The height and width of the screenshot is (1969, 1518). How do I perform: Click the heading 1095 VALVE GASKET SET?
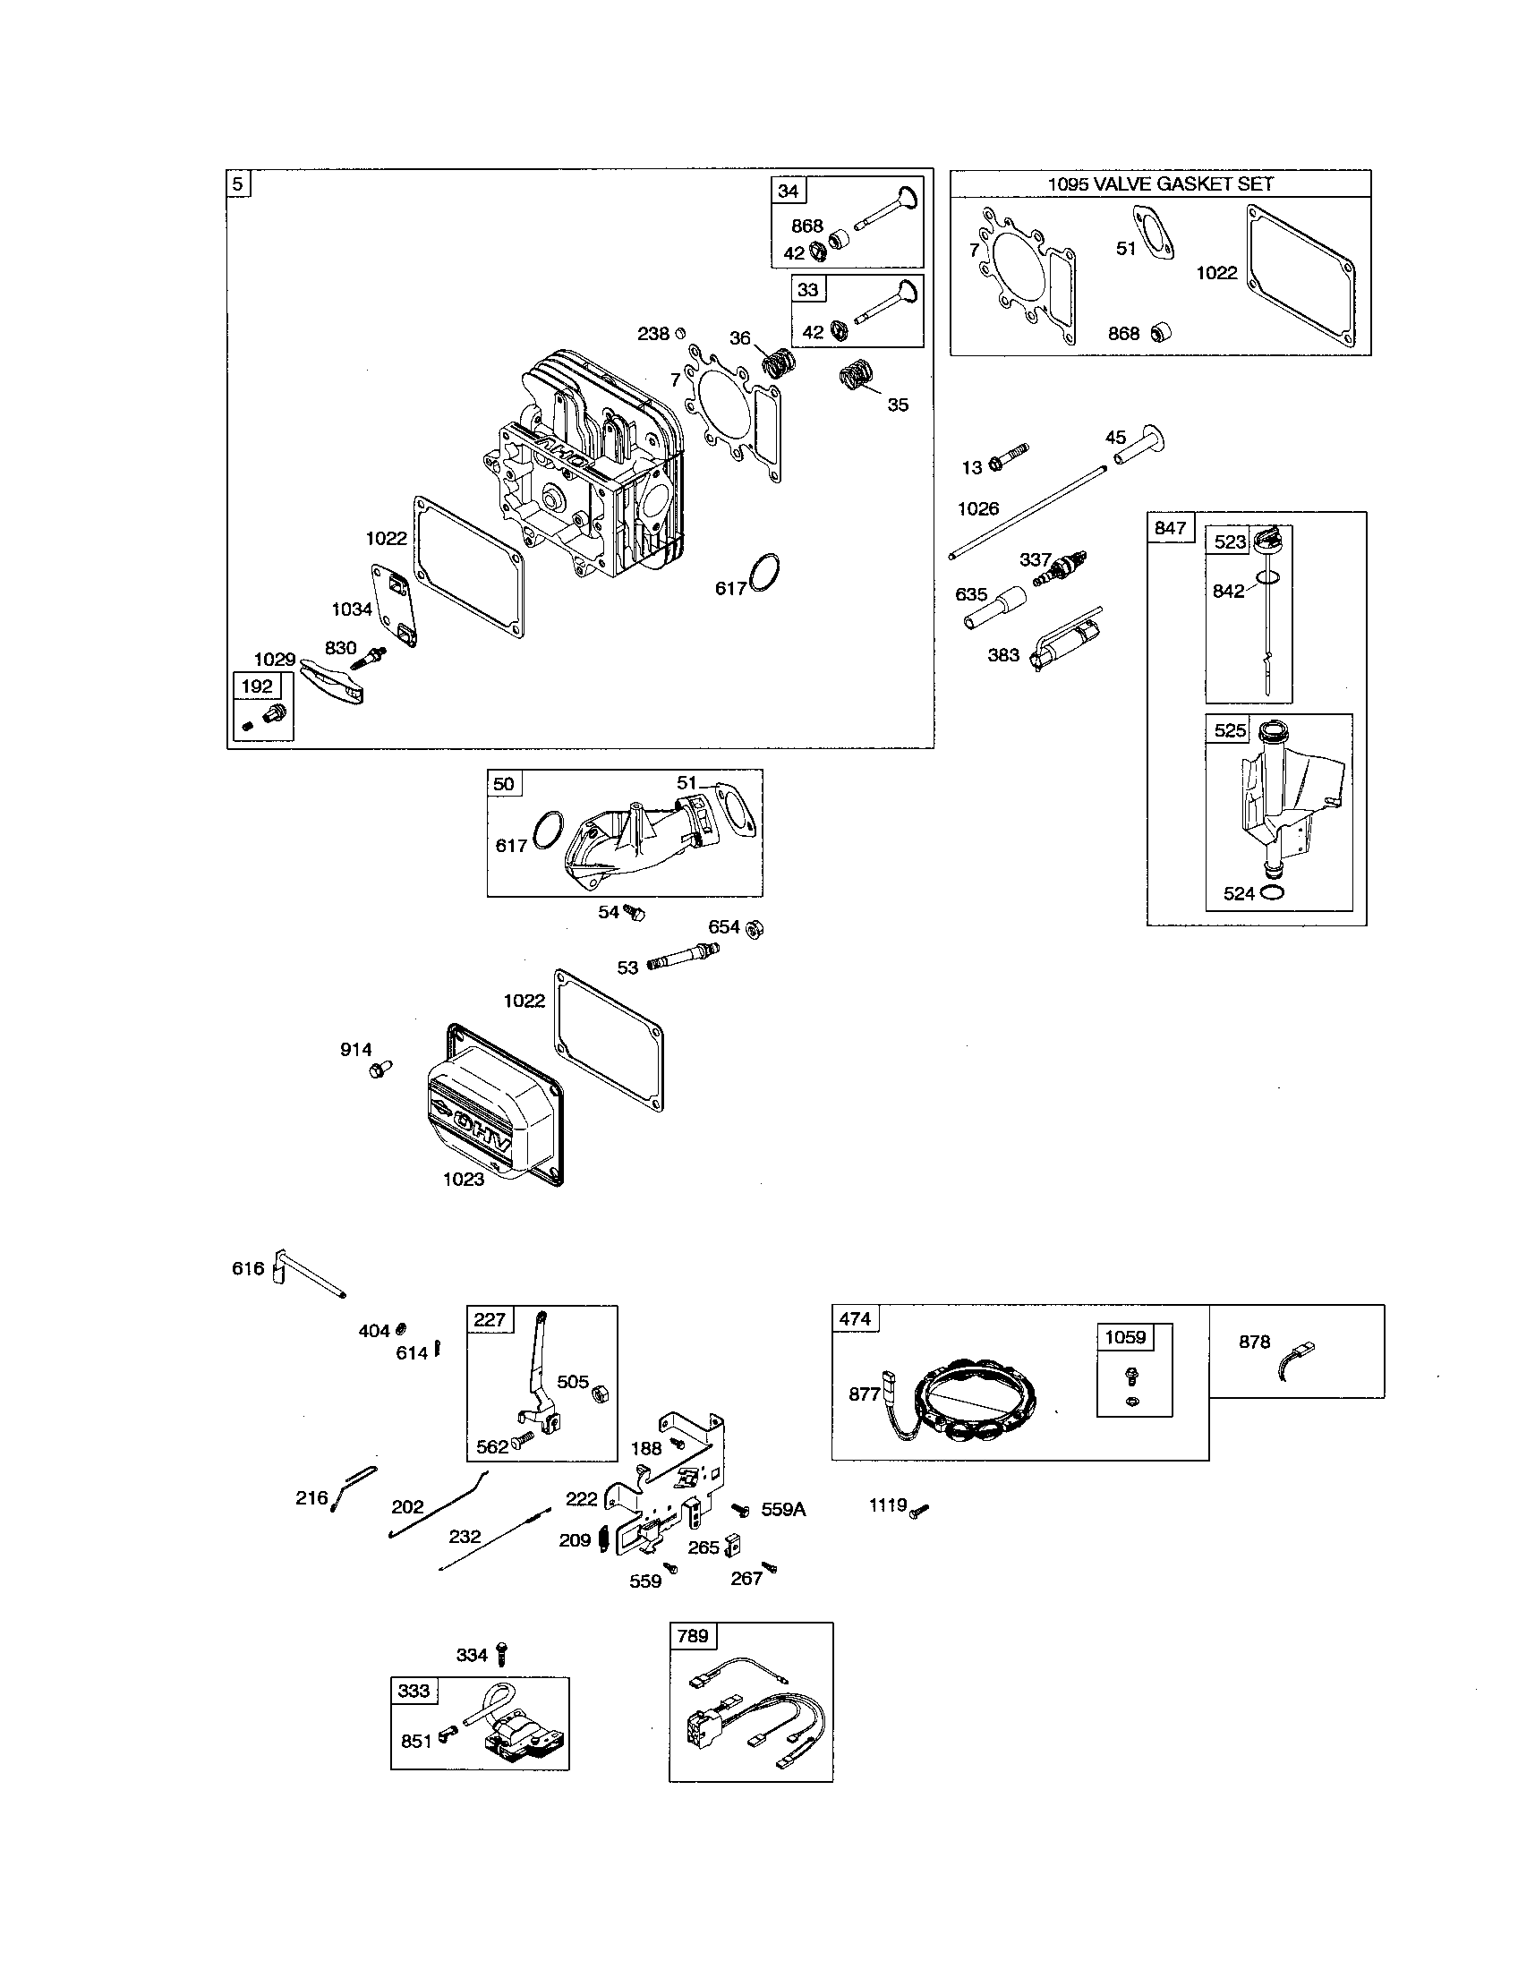1159,183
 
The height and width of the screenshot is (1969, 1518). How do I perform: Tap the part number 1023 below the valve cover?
464,1180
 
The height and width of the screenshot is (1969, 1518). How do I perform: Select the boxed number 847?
1169,527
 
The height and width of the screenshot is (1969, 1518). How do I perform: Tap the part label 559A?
782,1509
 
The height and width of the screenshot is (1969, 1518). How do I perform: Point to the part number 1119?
887,1504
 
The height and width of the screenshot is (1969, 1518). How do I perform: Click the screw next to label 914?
379,1071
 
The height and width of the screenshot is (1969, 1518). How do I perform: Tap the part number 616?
248,1268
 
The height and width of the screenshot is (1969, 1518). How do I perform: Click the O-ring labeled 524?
1273,892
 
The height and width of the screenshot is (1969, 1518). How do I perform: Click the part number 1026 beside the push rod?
977,508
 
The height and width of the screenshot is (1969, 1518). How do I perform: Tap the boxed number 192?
257,686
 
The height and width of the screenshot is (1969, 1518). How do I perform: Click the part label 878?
1254,1342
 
